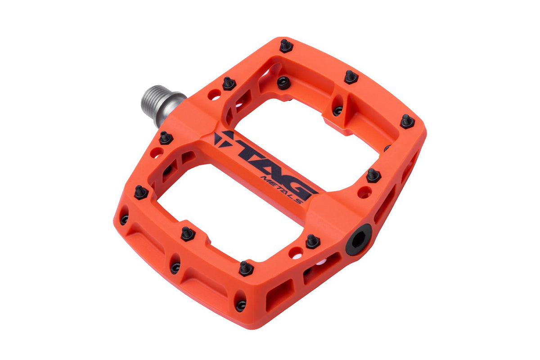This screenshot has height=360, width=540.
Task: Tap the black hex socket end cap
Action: click(359, 240)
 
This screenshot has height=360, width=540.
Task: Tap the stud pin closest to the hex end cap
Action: click(313, 242)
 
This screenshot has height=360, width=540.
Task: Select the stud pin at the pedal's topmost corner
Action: click(286, 45)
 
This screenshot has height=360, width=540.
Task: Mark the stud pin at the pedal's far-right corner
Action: click(407, 121)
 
